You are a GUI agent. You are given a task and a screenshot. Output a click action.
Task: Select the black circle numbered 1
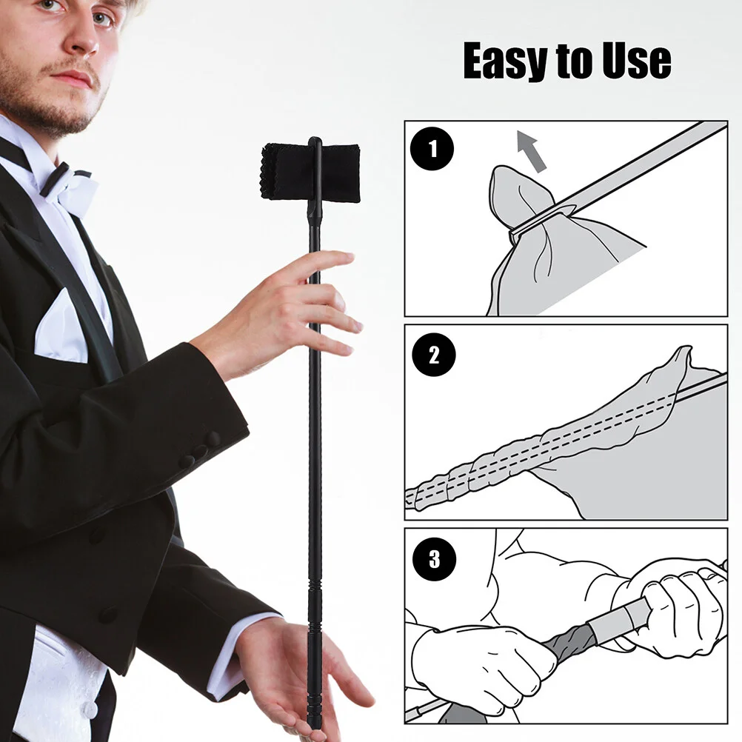[433, 150]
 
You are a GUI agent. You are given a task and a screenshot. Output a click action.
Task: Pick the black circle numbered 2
[433, 355]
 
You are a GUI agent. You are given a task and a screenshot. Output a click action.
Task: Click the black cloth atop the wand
[311, 170]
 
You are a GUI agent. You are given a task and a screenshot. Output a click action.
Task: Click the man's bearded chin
[56, 118]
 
